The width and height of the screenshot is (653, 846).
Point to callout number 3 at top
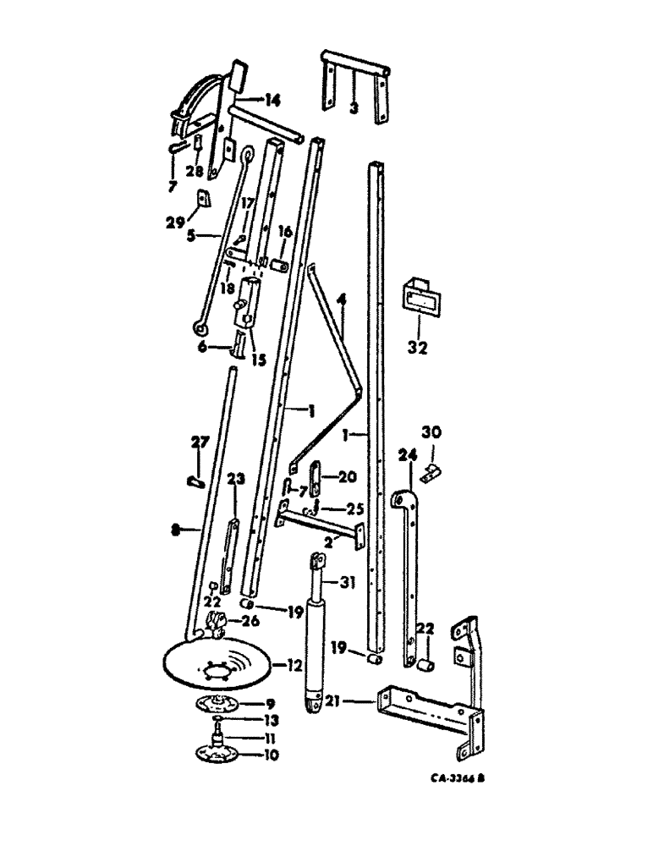(x=354, y=108)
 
